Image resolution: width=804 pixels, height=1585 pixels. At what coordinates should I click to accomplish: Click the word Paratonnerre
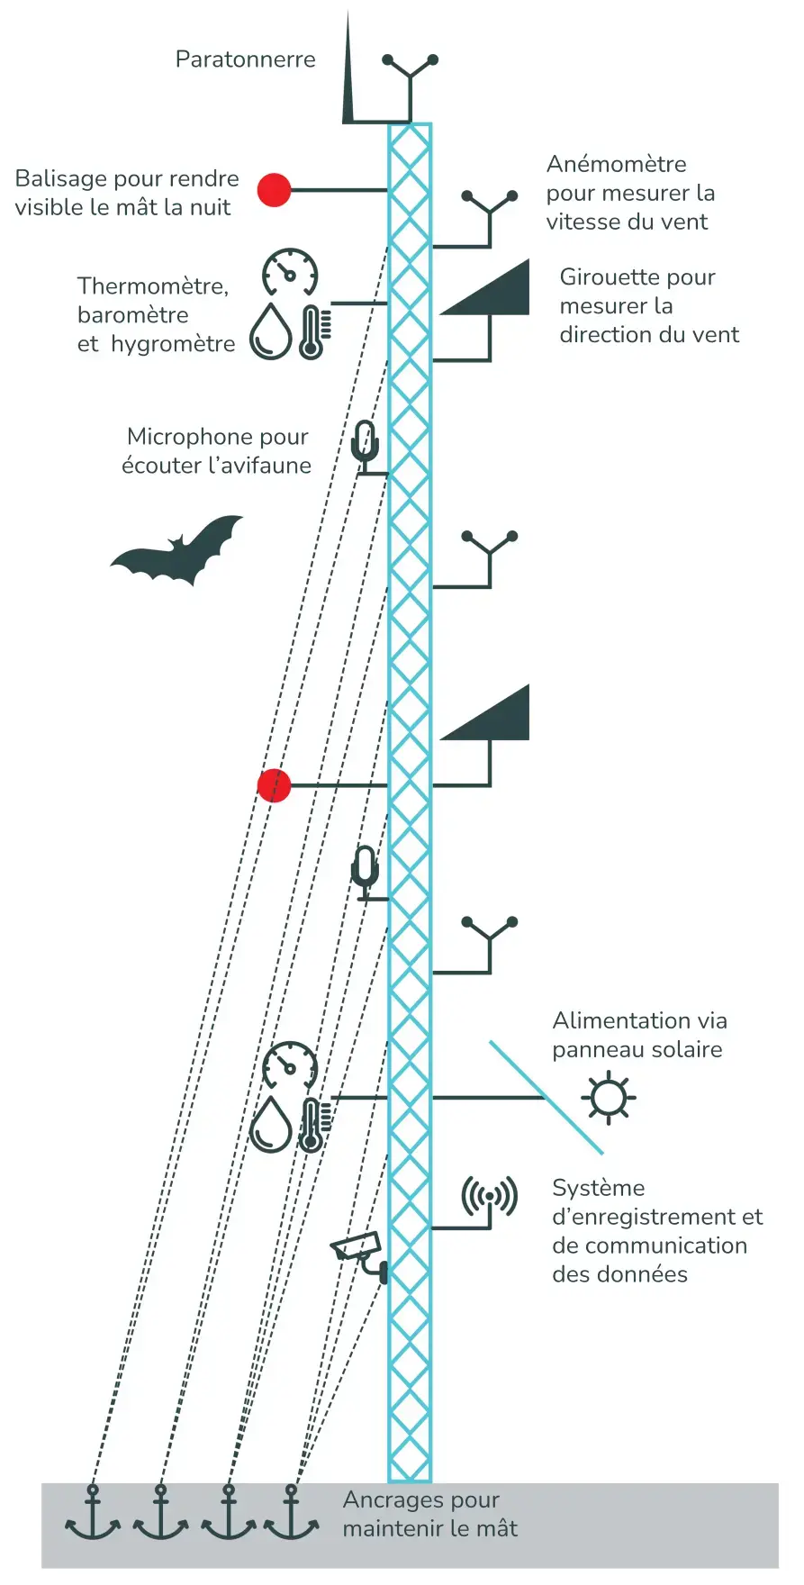coord(245,59)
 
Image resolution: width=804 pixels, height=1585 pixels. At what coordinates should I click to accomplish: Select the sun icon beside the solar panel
coord(609,1097)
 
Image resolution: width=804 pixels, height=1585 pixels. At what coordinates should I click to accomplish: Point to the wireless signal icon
coord(489,1196)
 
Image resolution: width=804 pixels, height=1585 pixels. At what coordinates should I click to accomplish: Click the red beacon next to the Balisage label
coord(275,190)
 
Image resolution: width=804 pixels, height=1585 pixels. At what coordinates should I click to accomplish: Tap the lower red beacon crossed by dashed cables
coord(275,785)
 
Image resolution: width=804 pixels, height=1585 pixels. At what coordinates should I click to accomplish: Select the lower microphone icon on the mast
coord(365,870)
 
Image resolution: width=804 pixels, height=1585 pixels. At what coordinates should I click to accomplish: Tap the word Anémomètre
coord(616,164)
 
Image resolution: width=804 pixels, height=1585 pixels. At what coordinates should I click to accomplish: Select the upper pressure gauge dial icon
coord(290,272)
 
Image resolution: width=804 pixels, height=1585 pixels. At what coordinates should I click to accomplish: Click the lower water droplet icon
coord(271,1125)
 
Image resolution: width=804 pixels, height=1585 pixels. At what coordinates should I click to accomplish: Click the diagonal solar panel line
coord(546,1097)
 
